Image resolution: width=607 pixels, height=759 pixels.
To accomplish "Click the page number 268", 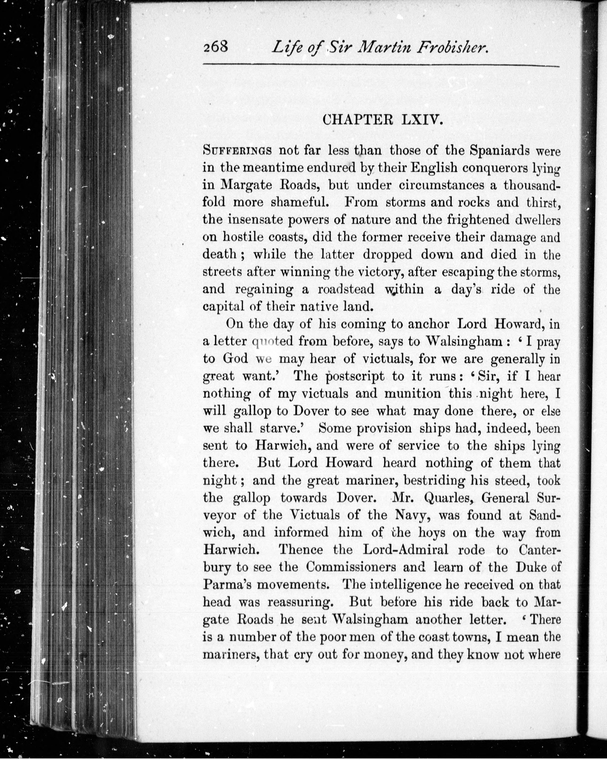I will tap(216, 46).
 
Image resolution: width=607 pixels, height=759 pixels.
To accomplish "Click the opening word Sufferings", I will tap(237, 151).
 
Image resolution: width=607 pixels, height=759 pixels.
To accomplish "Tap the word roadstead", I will tap(346, 289).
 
